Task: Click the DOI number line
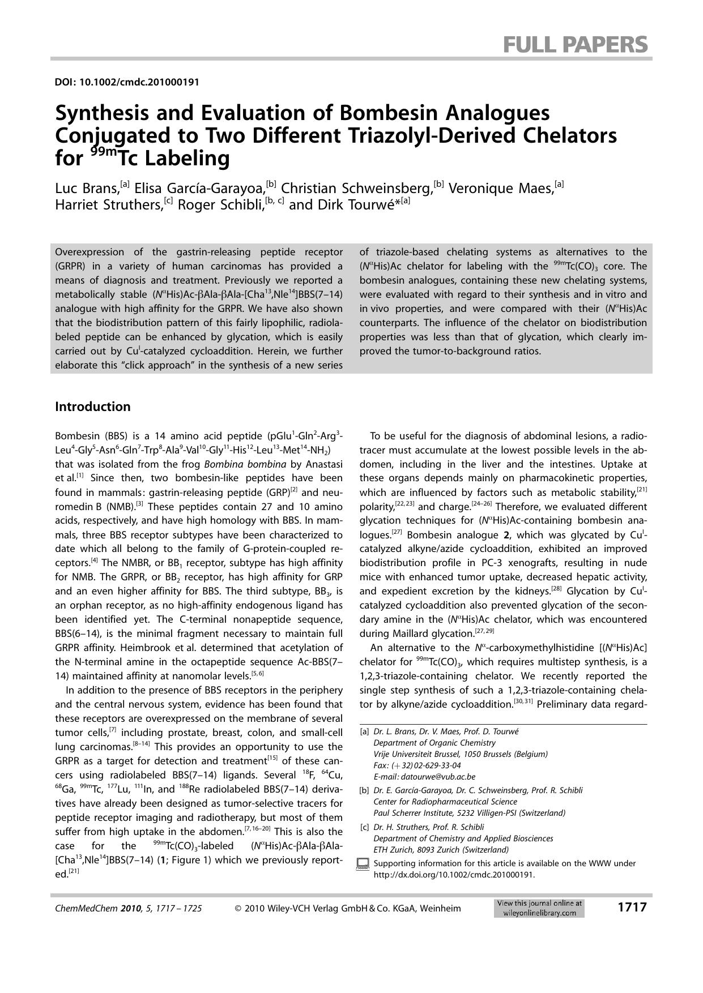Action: [127, 82]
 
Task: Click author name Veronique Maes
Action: [501, 188]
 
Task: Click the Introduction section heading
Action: [92, 406]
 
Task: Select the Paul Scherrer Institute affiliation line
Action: [469, 813]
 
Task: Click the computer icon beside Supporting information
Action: [363, 864]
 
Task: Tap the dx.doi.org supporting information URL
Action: [454, 874]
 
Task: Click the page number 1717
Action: [632, 908]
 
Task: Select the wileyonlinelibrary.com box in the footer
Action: [539, 908]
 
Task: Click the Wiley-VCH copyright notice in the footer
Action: [347, 909]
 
